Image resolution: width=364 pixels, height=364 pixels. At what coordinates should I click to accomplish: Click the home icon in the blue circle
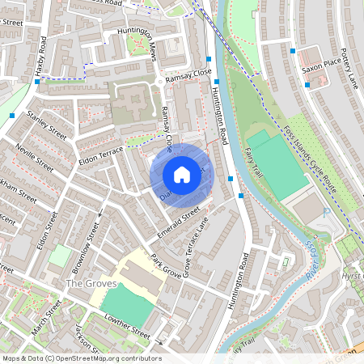[182, 174]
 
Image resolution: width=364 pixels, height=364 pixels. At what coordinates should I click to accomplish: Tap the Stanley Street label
[46, 125]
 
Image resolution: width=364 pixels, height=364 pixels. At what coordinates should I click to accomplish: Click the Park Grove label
[166, 265]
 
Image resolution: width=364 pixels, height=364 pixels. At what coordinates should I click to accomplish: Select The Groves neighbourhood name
[91, 284]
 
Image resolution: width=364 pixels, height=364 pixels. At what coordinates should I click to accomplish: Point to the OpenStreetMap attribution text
[81, 358]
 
